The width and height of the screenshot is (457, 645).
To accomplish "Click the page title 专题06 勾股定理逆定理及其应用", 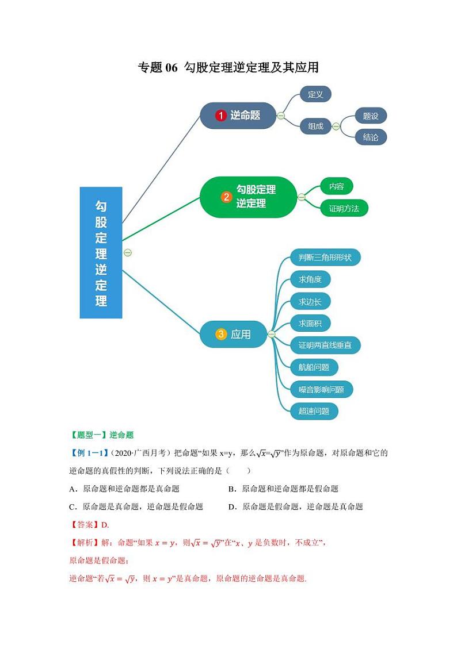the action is tap(228, 67).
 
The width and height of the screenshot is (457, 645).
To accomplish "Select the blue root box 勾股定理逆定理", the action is tap(101, 252).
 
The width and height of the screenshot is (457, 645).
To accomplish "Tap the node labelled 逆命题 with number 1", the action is tap(238, 116).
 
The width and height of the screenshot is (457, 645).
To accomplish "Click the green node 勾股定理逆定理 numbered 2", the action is tap(248, 197).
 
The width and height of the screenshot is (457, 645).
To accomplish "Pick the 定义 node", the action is tap(315, 94).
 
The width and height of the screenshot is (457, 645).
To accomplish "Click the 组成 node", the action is tap(315, 126).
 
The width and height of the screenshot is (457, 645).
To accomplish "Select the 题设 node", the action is tap(371, 116).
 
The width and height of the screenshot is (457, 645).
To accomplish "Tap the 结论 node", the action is tap(371, 137).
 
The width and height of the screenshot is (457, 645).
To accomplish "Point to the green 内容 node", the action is tap(336, 186).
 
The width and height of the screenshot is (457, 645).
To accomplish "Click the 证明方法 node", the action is tap(344, 208).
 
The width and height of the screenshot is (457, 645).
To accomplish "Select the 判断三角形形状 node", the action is tap(325, 258).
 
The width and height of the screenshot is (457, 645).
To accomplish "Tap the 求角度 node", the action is tap(310, 280).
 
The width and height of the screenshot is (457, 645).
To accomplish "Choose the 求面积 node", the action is tap(310, 324).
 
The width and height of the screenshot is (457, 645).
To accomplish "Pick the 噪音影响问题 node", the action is tap(321, 389).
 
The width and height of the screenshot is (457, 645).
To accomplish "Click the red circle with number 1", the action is tap(220, 116).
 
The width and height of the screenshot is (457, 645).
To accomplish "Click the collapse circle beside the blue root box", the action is tap(128, 252).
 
